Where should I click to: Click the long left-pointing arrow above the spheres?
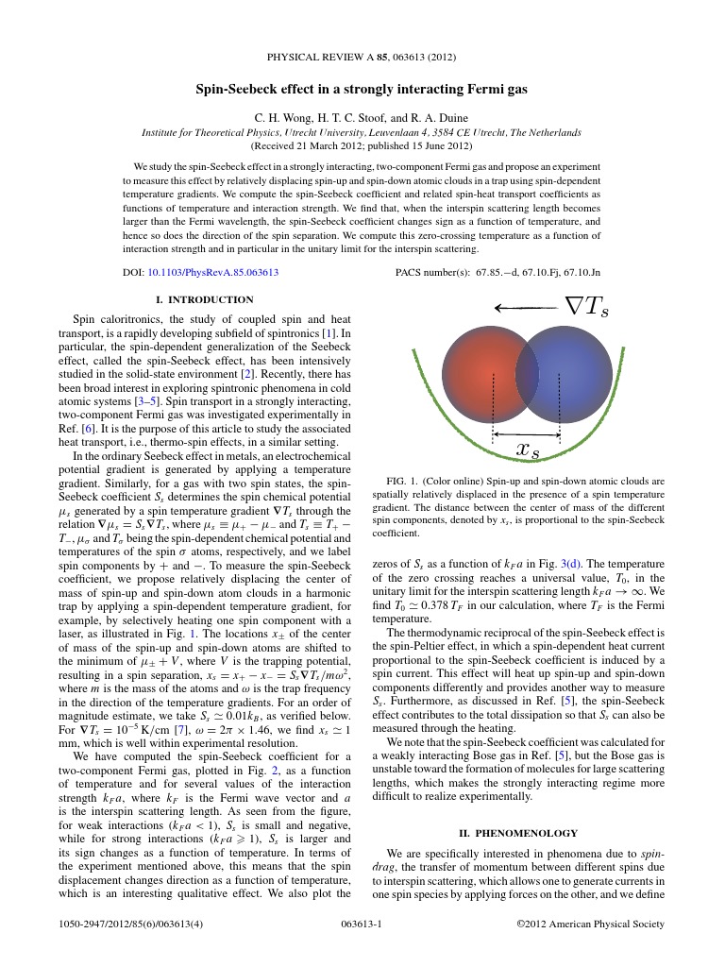tap(525, 307)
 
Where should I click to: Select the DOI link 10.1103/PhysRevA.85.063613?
tap(212, 272)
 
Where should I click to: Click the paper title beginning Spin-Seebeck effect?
tap(362, 90)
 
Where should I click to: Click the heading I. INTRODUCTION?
tap(204, 299)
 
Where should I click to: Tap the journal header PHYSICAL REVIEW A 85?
tap(362, 57)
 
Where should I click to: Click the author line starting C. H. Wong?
tap(362, 118)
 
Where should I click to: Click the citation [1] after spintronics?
tap(328, 333)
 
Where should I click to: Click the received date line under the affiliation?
tap(362, 147)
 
